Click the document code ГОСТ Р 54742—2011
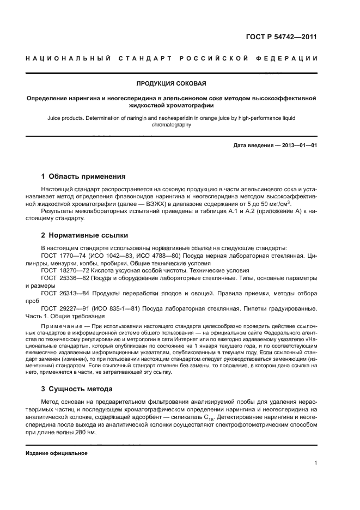(x=280, y=37)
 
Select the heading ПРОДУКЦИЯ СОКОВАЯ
(x=171, y=83)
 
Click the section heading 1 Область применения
(x=83, y=176)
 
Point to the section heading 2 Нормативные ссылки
(x=85, y=235)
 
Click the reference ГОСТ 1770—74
(x=62, y=255)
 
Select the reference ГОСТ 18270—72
(x=63, y=270)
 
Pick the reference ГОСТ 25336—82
(x=63, y=278)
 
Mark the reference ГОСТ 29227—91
(x=63, y=308)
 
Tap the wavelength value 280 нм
(x=82, y=432)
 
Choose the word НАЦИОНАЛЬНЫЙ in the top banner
(x=68, y=58)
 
